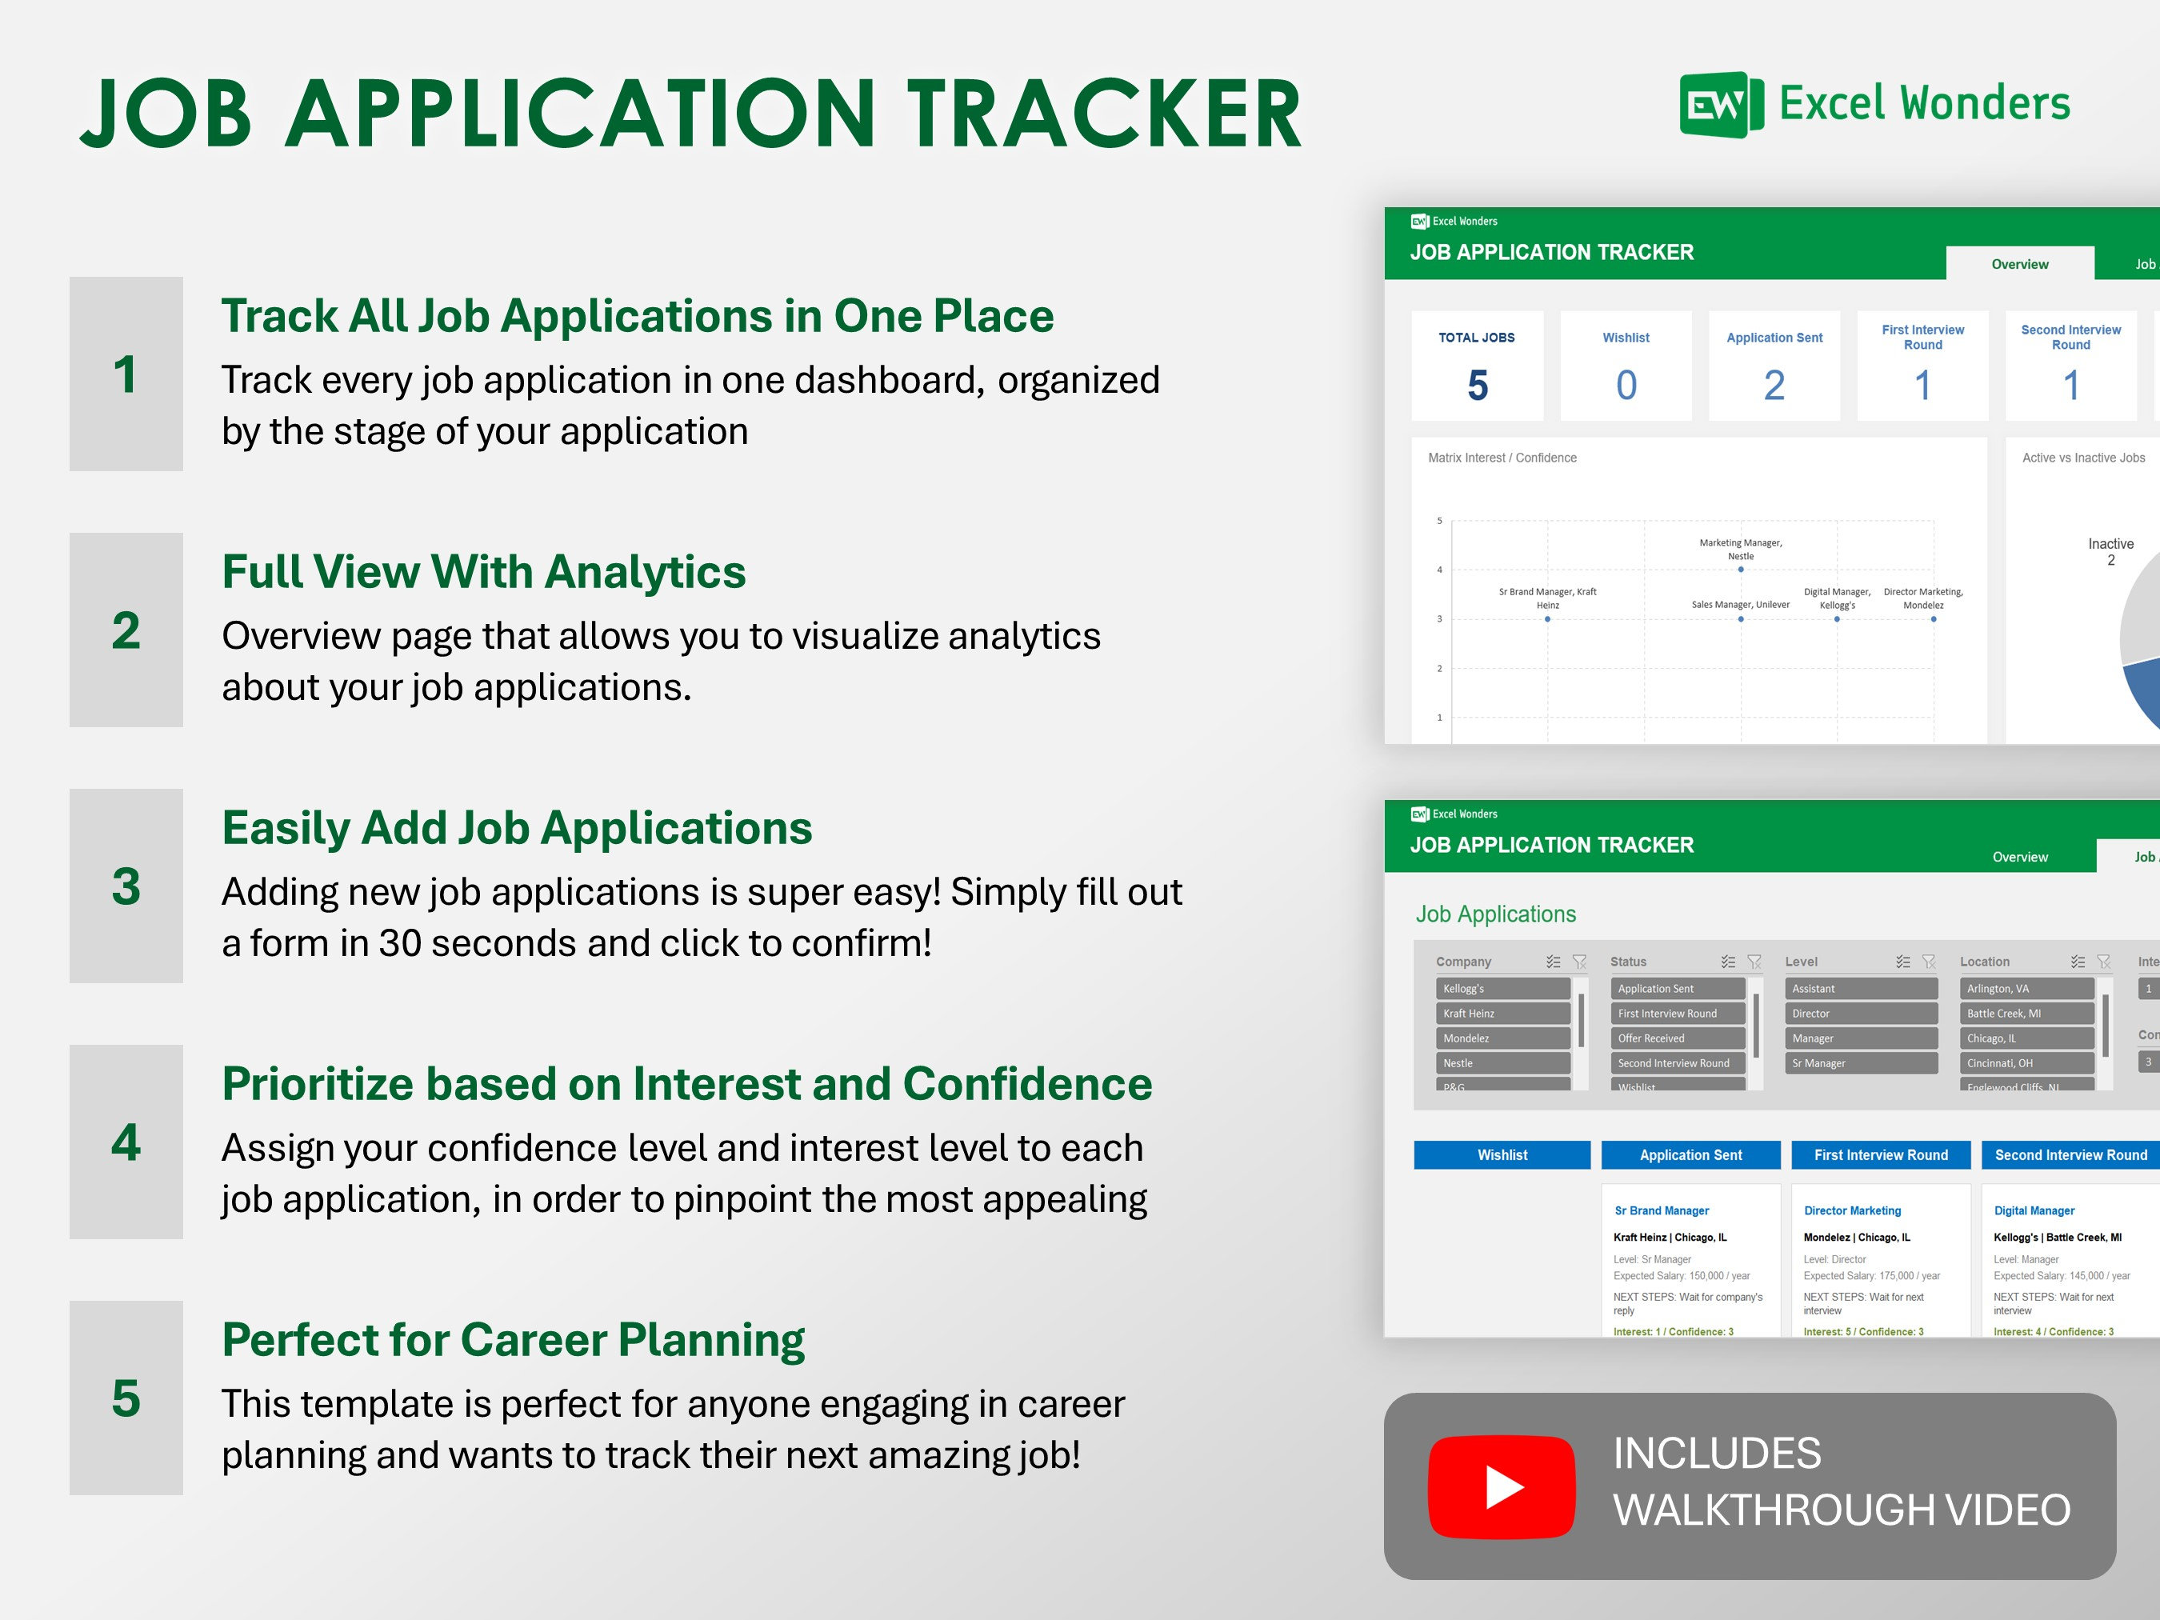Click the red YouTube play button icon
tap(1501, 1486)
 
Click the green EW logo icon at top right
tap(1720, 105)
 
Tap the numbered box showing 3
tap(126, 886)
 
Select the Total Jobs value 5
tap(1477, 385)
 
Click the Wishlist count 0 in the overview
tap(1626, 385)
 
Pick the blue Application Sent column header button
tap(1690, 1154)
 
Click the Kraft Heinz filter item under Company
tap(1502, 1014)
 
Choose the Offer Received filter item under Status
tap(1677, 1038)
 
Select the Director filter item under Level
tap(1860, 1014)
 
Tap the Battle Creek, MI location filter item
tap(2026, 1014)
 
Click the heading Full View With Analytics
tap(483, 572)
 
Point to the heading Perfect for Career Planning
tap(513, 1340)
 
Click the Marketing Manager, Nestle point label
tap(1740, 549)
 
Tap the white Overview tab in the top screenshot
tap(2019, 264)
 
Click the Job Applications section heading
tap(1495, 914)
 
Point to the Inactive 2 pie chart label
tap(2110, 550)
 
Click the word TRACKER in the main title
tap(1106, 114)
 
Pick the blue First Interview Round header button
tap(1880, 1154)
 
